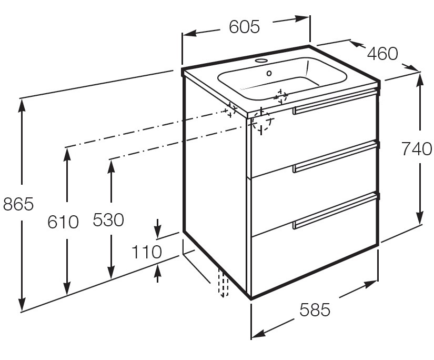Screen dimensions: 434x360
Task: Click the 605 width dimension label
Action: click(245, 27)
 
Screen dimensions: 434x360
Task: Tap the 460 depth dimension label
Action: click(382, 54)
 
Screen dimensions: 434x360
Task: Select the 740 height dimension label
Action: click(416, 149)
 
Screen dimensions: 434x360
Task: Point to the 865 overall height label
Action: click(18, 204)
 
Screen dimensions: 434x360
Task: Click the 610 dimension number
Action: click(63, 222)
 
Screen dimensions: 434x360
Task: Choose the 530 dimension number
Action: click(108, 220)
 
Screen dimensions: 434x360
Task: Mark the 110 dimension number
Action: click(146, 252)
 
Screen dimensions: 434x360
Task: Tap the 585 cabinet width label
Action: click(315, 309)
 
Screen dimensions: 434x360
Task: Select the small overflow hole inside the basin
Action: click(269, 73)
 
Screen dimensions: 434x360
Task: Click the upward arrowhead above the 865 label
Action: click(22, 105)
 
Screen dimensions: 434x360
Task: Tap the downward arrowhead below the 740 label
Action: click(420, 217)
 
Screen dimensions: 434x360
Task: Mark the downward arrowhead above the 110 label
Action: click(157, 229)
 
